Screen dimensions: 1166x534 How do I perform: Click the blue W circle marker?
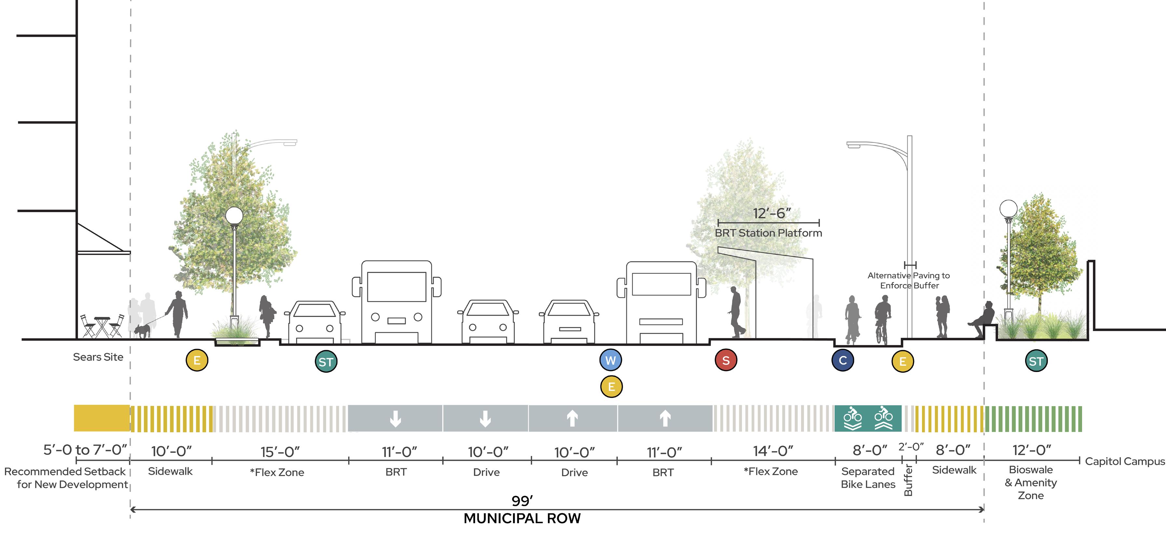point(611,360)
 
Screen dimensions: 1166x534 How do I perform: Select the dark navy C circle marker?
point(843,361)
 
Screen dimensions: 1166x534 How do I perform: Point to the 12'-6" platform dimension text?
point(772,213)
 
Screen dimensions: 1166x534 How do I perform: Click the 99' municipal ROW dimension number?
point(522,500)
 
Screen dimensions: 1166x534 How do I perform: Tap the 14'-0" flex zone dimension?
point(773,451)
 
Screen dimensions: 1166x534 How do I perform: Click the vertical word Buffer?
point(908,480)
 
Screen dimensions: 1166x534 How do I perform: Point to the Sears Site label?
point(98,357)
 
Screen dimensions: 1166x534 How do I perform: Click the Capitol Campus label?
point(1125,461)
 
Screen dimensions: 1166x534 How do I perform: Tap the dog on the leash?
point(142,331)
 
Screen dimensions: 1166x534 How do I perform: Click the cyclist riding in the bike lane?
point(883,320)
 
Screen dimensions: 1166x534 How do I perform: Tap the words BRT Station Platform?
point(768,233)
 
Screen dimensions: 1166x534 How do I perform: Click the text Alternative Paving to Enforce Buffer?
point(909,281)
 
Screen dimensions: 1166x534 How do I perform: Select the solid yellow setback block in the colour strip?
point(102,418)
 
